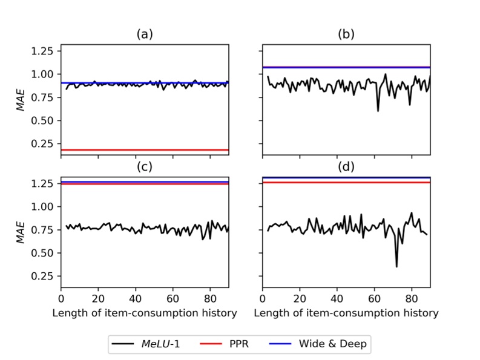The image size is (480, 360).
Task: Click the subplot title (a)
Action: coord(144,34)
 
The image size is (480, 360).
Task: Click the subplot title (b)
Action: coord(346,34)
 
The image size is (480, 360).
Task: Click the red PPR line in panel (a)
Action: coord(144,149)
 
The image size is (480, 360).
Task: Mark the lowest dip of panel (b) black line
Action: coord(378,111)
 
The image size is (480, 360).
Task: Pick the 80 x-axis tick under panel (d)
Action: coord(412,299)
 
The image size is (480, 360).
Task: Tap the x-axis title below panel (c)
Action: coord(144,313)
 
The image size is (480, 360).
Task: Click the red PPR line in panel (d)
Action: coord(346,182)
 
